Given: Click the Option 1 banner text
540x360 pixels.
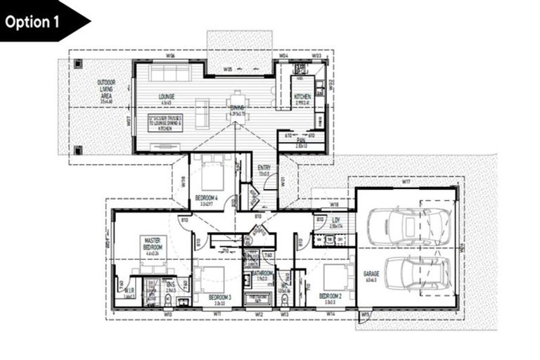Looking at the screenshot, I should [34, 21].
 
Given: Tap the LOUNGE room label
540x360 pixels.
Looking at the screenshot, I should [166, 96].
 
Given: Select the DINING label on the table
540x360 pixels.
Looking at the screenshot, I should [236, 108].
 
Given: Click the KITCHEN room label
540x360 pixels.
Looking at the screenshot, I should [302, 96].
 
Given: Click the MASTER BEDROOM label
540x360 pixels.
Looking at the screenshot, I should [153, 243].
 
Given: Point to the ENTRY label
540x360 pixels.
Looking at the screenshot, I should [264, 167].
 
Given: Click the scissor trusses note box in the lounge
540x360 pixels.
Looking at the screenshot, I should [166, 122].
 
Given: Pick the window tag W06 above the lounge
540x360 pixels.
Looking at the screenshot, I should [171, 56].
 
